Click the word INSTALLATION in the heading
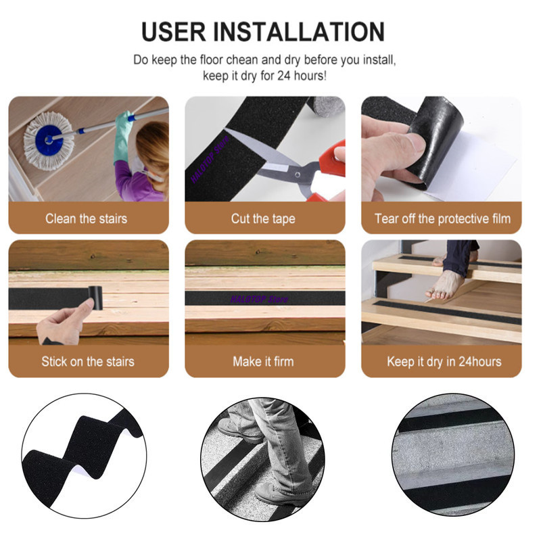click(299, 32)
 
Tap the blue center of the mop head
click(49, 139)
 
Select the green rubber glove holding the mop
click(123, 137)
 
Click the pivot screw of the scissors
click(297, 175)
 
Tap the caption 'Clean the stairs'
click(87, 218)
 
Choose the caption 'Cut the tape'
click(263, 218)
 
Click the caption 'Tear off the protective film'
click(443, 218)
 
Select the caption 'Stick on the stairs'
click(88, 362)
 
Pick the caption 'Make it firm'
click(263, 362)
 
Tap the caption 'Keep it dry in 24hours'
click(444, 362)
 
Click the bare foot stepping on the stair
click(445, 285)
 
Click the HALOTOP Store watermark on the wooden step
click(259, 299)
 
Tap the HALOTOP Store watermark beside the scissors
click(210, 160)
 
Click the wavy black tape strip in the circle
click(83, 448)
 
